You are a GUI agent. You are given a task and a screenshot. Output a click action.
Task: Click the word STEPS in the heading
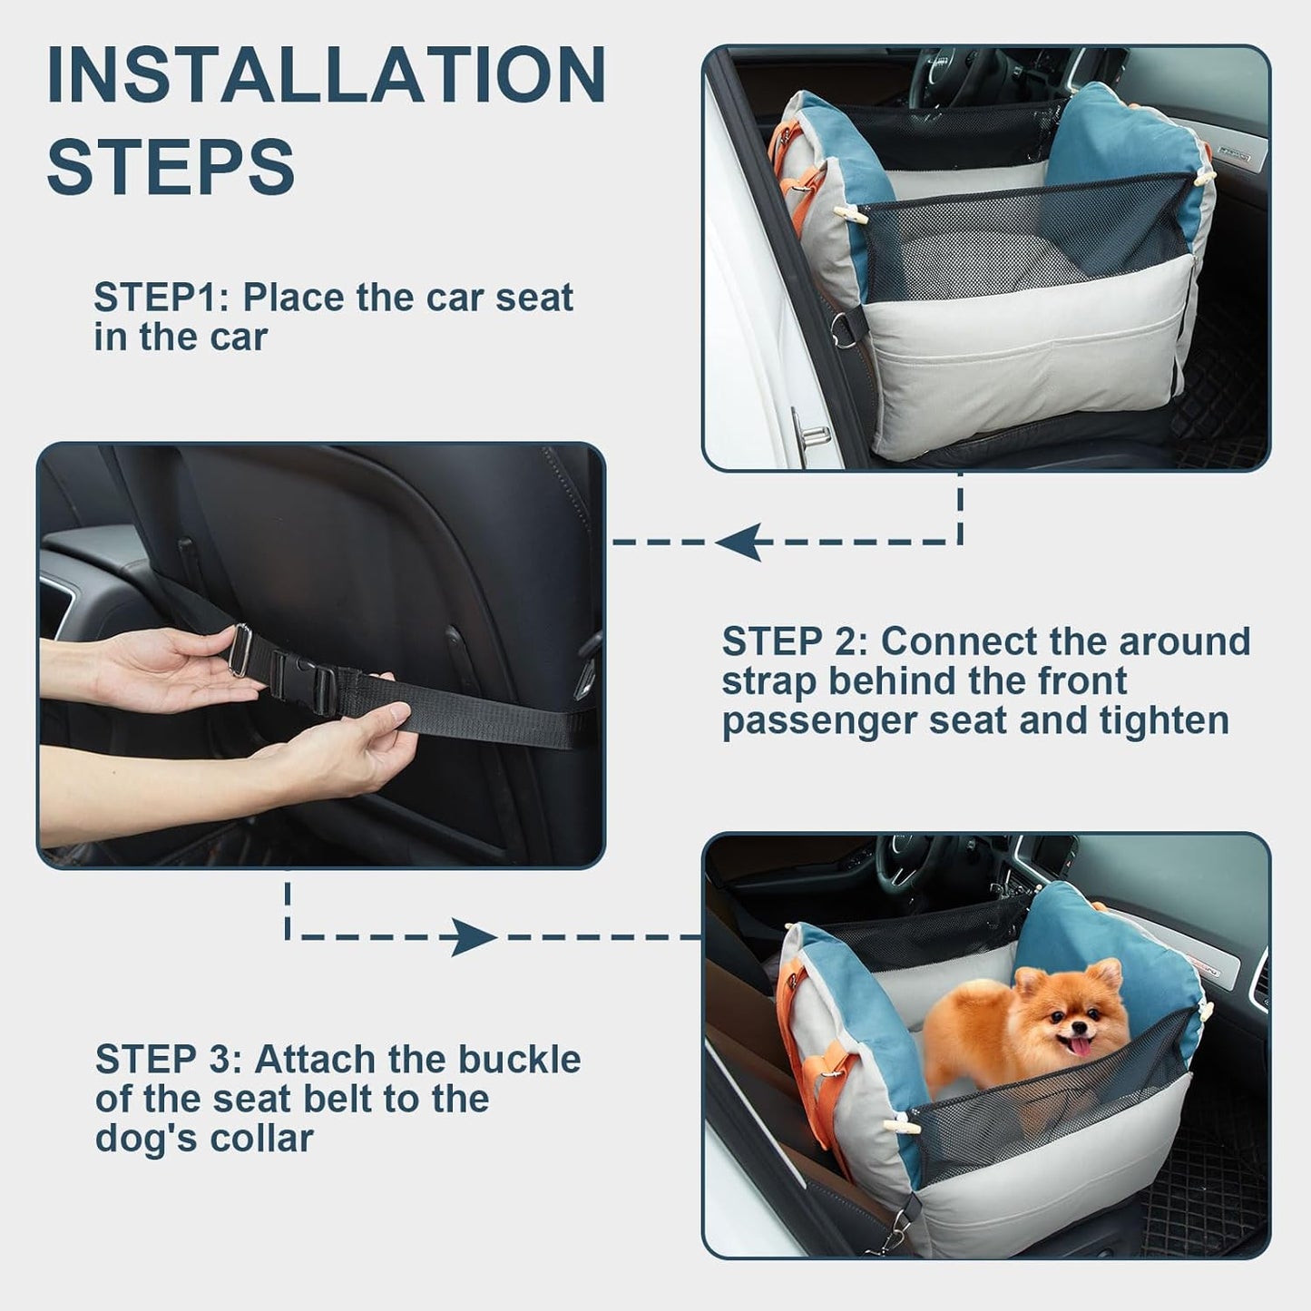[x=171, y=165]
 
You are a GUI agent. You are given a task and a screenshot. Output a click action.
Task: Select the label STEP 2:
[x=795, y=641]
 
